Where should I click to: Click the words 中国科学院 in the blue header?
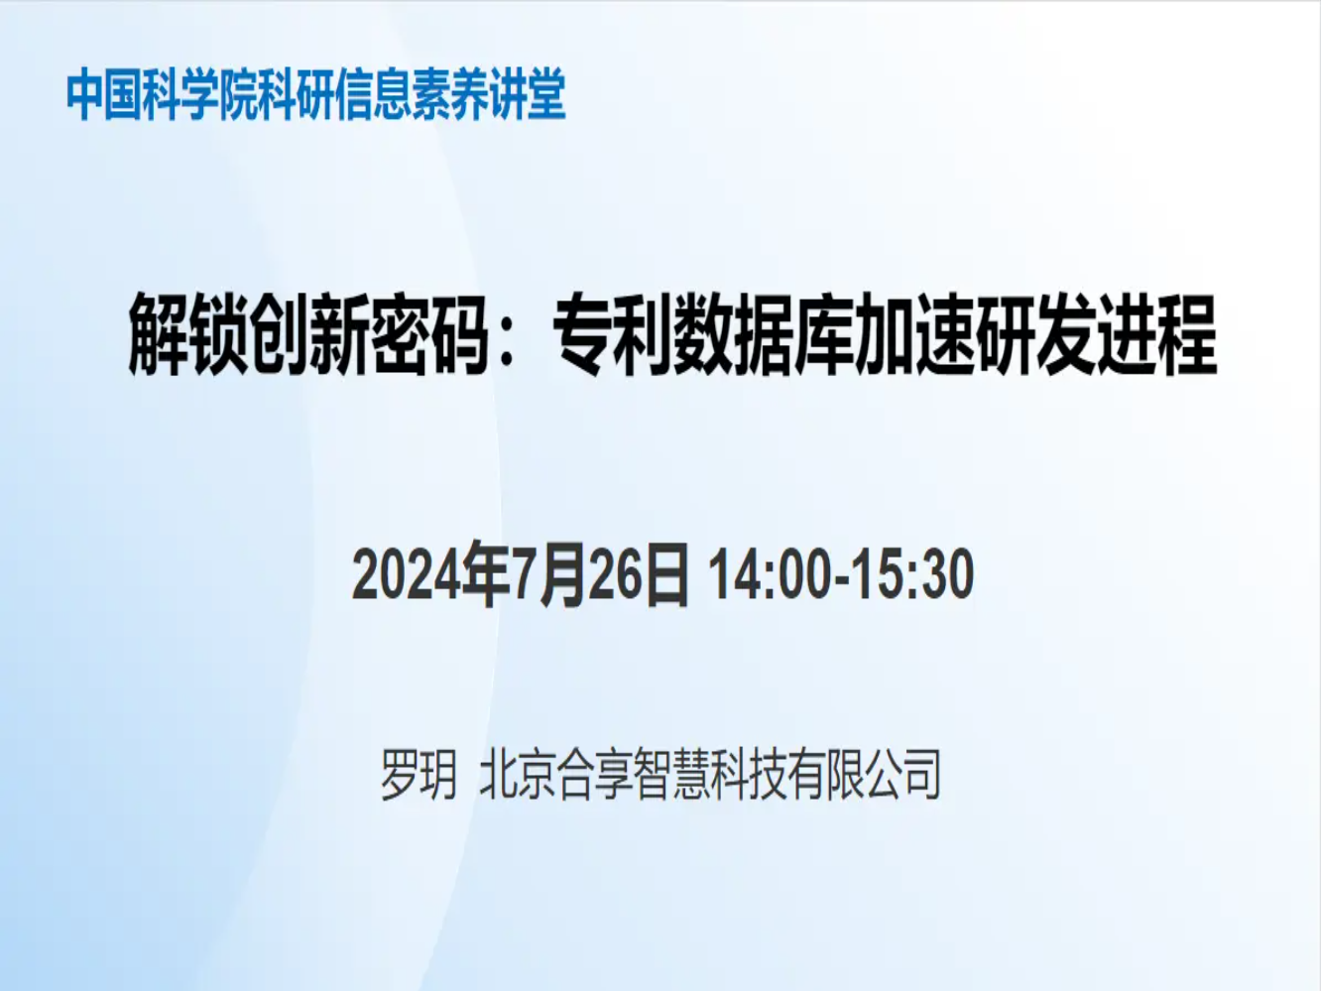(162, 94)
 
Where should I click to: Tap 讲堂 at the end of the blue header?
(528, 94)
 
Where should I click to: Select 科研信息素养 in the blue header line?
(373, 94)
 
